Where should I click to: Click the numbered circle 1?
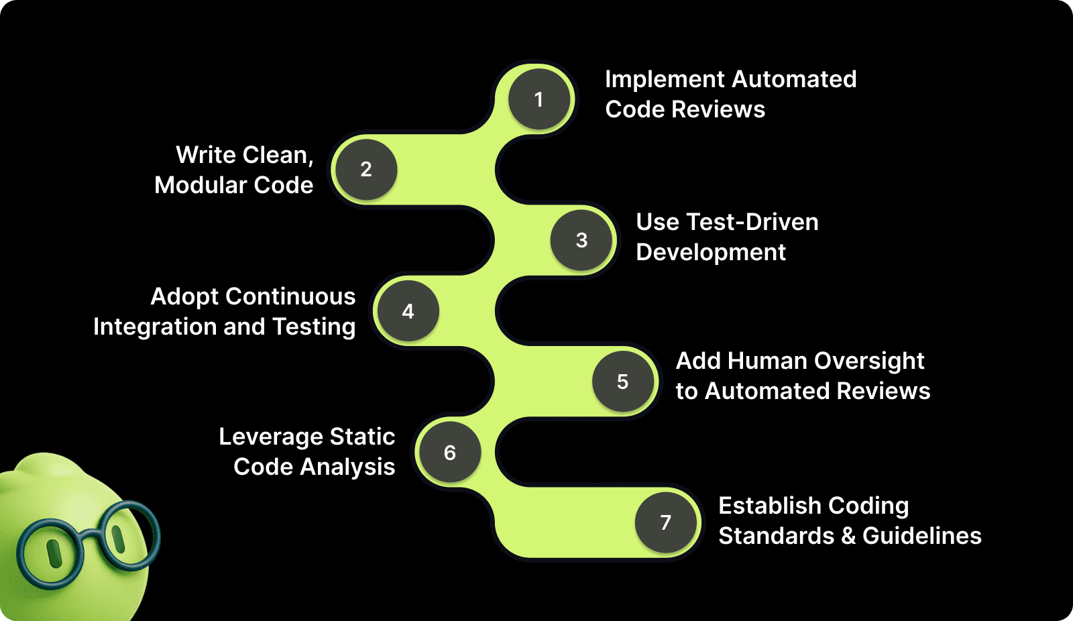539,99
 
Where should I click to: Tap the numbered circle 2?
366,169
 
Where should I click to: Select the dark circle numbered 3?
581,240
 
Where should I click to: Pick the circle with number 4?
408,311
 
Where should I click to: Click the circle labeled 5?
623,382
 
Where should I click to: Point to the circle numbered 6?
450,453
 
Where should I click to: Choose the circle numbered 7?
666,522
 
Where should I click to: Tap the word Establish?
763,506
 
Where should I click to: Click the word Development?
710,252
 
